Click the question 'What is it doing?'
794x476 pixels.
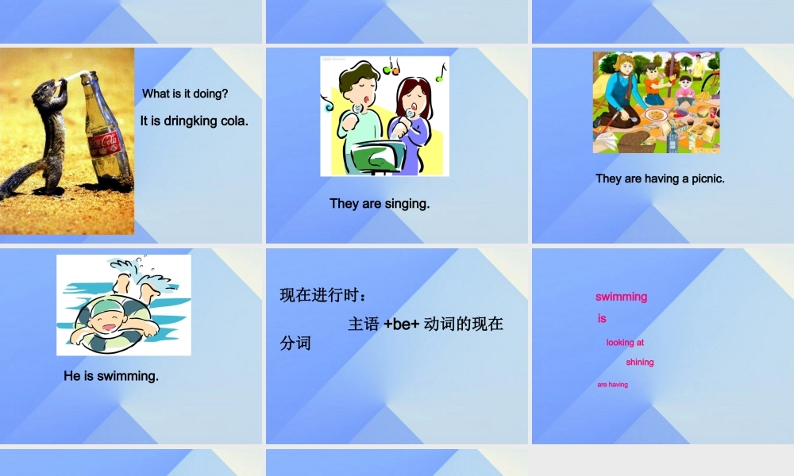[x=185, y=94]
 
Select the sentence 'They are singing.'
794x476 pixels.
[x=380, y=204]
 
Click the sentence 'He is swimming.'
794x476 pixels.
[x=111, y=376]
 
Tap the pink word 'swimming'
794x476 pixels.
[x=621, y=297]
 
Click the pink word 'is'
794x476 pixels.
[x=602, y=318]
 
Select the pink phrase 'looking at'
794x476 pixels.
[x=625, y=343]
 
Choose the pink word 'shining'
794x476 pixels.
[x=639, y=362]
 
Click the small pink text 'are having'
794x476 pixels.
[x=612, y=385]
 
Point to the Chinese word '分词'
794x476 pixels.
[x=295, y=344]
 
